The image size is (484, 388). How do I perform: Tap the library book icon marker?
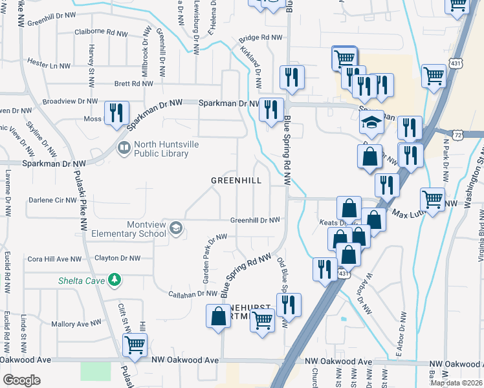coord(123,149)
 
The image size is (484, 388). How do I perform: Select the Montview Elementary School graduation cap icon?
coord(176,228)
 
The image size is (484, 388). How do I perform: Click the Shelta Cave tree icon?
coord(115,279)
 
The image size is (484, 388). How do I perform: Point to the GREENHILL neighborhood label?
coord(237,181)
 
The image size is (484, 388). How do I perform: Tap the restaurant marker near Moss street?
coord(116,113)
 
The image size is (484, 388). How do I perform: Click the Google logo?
coord(21,380)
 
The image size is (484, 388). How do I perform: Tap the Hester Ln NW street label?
coord(49,65)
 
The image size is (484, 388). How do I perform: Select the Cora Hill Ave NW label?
coord(54,259)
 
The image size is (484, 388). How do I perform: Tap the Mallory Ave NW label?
coord(76,323)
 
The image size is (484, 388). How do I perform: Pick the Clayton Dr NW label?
coord(117,258)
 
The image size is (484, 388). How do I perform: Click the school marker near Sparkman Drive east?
coord(371,122)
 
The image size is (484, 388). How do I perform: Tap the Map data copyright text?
coord(456,382)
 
